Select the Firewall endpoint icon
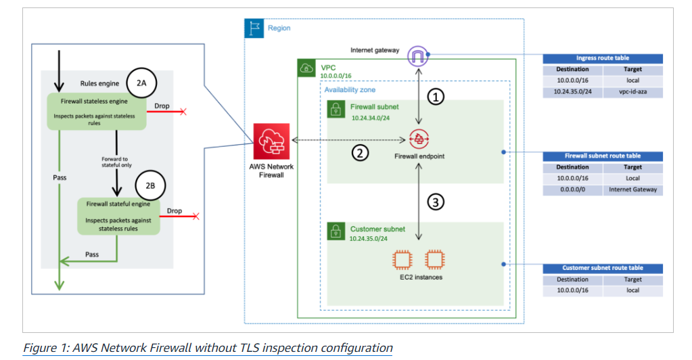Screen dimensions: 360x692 point(419,140)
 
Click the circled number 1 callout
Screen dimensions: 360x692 point(437,97)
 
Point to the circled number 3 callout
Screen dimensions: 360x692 point(437,202)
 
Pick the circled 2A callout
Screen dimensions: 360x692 point(143,83)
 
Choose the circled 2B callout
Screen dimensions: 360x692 point(149,185)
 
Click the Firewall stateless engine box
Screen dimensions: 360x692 point(96,112)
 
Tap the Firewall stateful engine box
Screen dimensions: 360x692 point(118,216)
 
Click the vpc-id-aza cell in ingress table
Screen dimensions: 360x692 point(632,91)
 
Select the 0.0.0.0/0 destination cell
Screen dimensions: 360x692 point(572,189)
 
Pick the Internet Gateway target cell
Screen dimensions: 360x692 point(632,189)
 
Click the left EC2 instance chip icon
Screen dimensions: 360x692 point(402,259)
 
